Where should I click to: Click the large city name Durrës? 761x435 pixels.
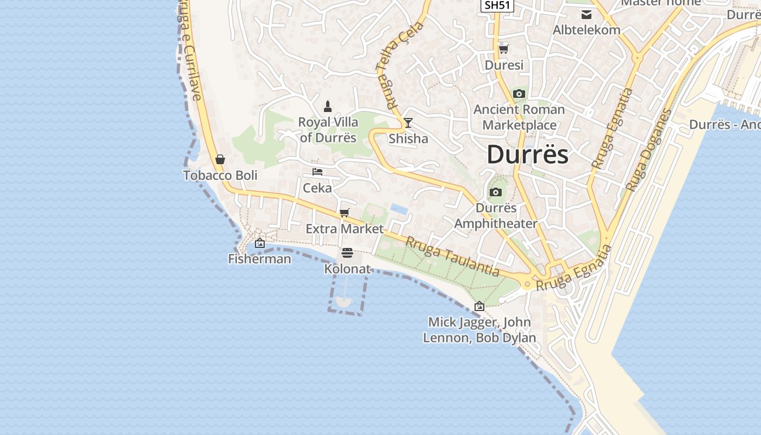527,154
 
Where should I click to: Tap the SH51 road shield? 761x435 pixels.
497,5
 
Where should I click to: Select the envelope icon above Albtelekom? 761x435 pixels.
587,15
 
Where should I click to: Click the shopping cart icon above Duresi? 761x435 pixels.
504,49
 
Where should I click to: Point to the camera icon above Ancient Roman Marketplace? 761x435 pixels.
519,94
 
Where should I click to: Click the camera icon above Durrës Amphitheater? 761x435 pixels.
495,192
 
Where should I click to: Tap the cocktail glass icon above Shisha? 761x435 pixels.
408,122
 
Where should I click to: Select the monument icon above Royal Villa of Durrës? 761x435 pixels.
328,105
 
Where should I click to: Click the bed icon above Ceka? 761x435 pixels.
317,172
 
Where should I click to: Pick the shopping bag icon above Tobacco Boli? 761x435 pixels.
220,159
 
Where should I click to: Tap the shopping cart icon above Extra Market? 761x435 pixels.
344,213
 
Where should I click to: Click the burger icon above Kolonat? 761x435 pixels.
347,253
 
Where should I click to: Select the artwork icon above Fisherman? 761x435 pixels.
260,243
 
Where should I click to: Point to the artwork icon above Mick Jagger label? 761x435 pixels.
479,306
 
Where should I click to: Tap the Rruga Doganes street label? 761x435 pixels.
648,150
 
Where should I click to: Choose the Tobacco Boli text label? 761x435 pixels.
220,176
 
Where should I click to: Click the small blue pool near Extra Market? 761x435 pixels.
398,208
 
